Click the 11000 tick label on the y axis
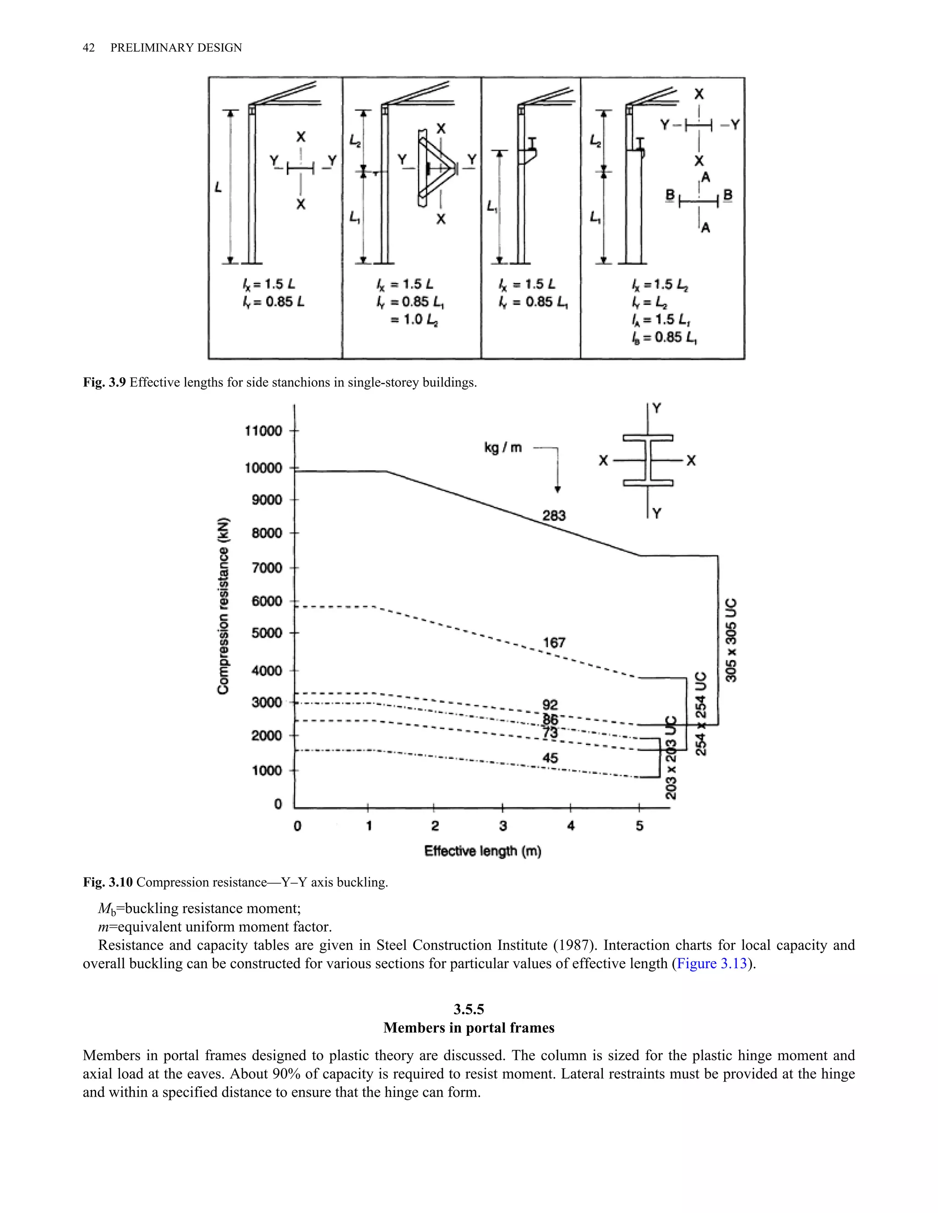tap(263, 431)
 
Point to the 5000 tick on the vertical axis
tap(267, 633)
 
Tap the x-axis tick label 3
tap(503, 826)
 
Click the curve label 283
tap(554, 515)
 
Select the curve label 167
tap(554, 643)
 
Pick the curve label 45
tap(550, 758)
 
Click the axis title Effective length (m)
tap(482, 851)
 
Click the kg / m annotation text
tap(503, 448)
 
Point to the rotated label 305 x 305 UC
tap(731, 640)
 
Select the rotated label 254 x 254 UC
tap(701, 714)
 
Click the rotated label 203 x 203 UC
tap(671, 757)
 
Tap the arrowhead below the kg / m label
tap(557, 489)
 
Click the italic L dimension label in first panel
tap(218, 188)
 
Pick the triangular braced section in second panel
tap(436, 168)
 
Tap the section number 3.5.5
tap(469, 1009)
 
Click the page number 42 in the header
tap(88, 48)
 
